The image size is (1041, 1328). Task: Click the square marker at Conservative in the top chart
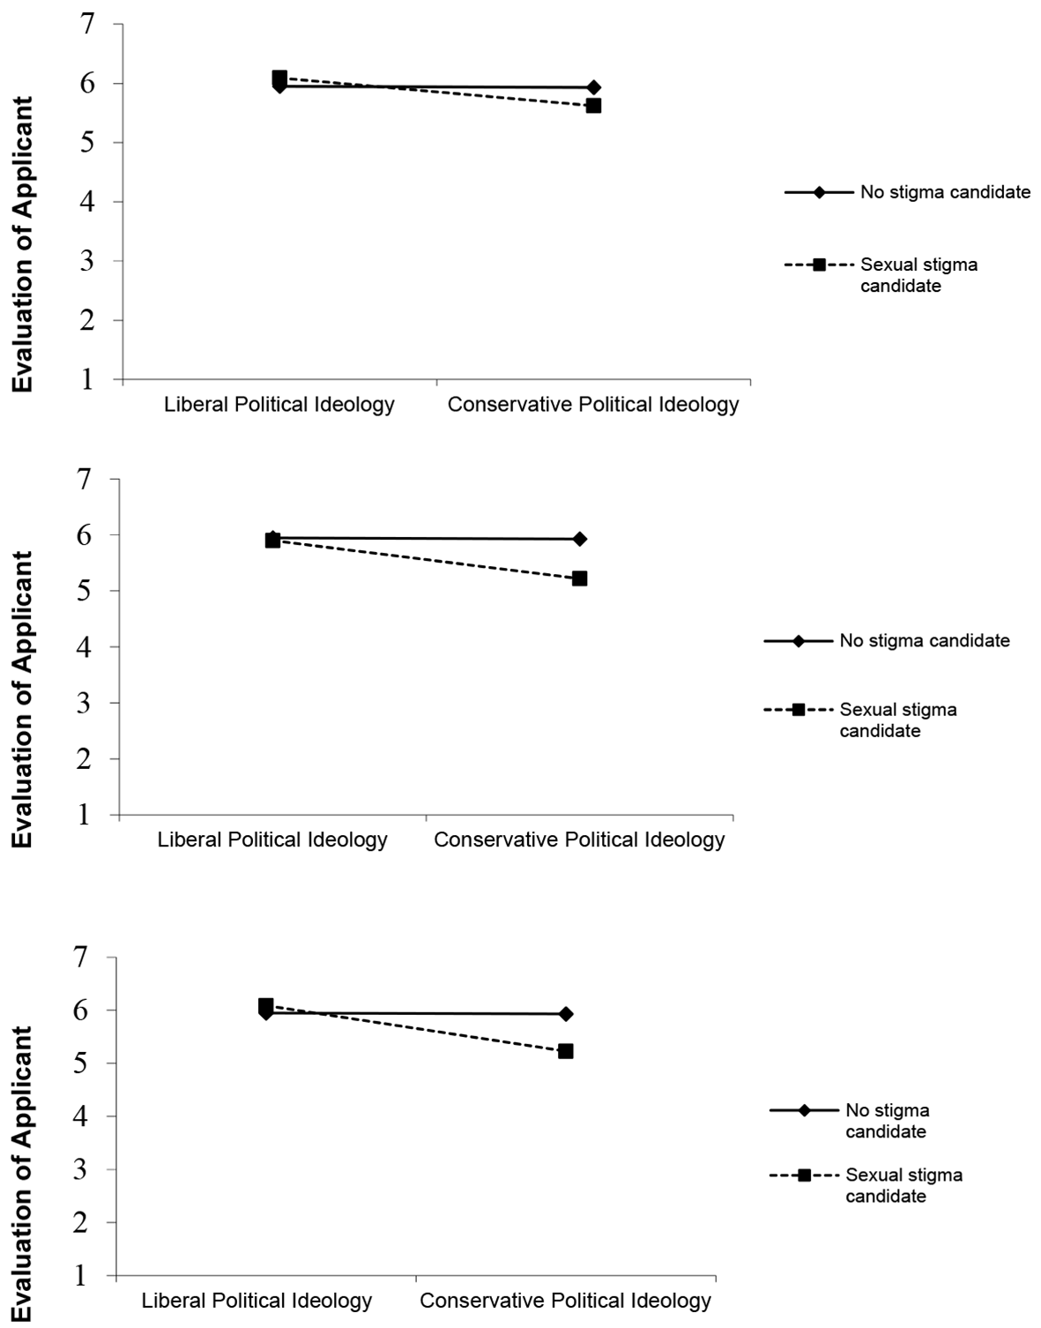click(593, 106)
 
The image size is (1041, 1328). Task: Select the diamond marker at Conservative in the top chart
click(593, 87)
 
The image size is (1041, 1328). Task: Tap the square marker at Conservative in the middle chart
click(580, 578)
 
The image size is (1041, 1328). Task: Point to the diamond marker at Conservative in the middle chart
click(580, 539)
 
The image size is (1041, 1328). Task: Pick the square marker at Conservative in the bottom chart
click(566, 1051)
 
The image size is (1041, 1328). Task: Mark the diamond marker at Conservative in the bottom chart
click(566, 1014)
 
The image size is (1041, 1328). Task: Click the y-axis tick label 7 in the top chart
click(87, 25)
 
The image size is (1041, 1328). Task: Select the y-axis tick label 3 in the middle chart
click(85, 703)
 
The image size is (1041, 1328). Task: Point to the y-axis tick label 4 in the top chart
click(87, 202)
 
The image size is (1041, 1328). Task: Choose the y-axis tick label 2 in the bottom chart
click(81, 1222)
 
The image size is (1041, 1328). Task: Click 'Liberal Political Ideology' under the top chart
click(279, 405)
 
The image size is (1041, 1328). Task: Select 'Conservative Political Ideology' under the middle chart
click(579, 839)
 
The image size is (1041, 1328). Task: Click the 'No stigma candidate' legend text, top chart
click(946, 192)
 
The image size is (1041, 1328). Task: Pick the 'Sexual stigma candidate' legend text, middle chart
click(898, 720)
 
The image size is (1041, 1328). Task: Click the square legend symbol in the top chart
click(819, 265)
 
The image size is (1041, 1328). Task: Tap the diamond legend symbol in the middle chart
click(798, 641)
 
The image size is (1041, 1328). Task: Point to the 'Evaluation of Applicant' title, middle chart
click(22, 699)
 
